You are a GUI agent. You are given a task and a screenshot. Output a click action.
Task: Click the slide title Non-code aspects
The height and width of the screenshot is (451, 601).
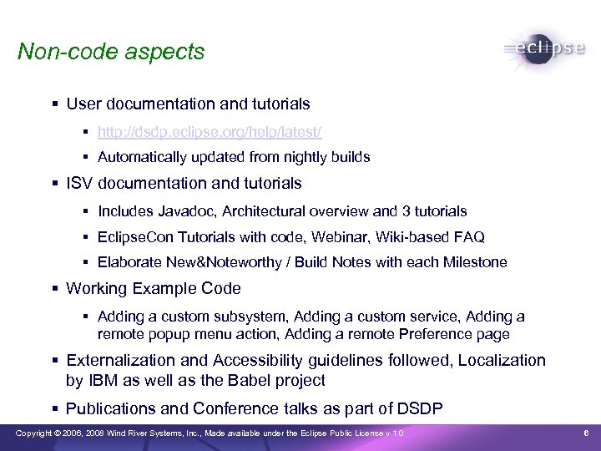(x=111, y=52)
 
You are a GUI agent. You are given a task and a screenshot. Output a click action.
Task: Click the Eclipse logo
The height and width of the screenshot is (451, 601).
(x=544, y=48)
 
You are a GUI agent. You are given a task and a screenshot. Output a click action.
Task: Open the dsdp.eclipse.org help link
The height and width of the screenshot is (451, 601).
(x=209, y=132)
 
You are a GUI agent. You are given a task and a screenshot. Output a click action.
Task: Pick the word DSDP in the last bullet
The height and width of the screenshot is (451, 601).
(x=418, y=408)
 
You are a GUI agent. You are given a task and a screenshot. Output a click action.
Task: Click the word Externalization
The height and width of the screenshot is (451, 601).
(x=120, y=360)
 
